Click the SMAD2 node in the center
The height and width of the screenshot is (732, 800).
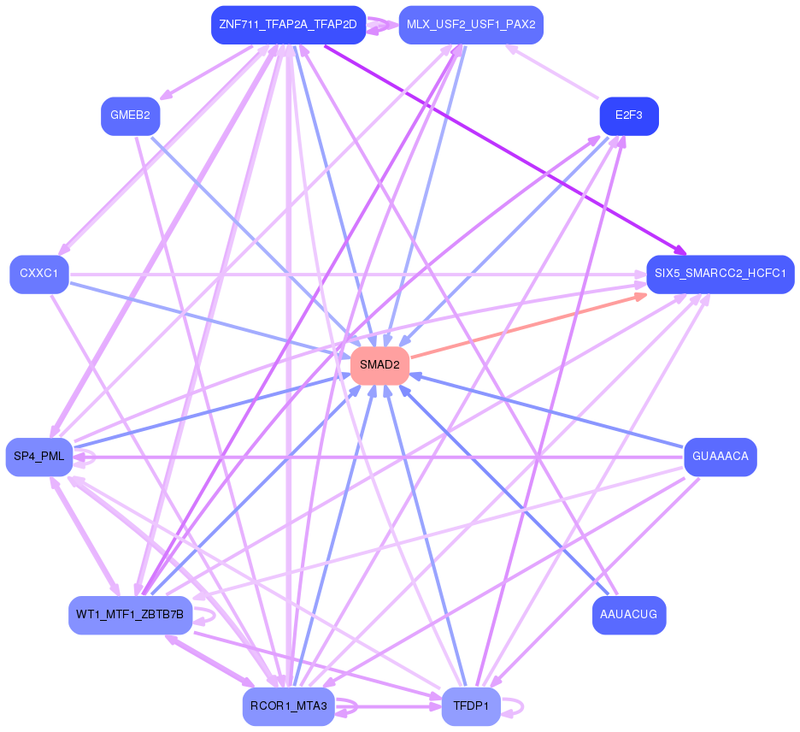[379, 365]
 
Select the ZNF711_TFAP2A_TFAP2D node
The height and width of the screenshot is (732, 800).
[287, 24]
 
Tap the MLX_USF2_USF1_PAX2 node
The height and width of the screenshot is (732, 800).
[471, 24]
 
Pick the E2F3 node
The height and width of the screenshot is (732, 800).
[628, 115]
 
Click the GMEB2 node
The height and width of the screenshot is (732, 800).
[130, 116]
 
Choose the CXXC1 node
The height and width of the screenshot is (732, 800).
[39, 274]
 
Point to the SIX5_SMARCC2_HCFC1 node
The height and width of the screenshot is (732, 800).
[720, 274]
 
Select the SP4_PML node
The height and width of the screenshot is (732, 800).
[39, 457]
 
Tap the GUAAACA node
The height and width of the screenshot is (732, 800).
[720, 457]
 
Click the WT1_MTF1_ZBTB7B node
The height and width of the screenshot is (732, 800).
[130, 615]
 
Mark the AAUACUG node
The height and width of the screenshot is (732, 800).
[628, 615]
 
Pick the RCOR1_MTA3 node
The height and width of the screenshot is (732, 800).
[288, 706]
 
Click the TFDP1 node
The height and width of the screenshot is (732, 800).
[471, 706]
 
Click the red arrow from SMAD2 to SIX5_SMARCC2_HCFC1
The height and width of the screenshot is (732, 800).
[530, 325]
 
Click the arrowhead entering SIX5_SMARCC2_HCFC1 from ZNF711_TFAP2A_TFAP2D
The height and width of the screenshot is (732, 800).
[680, 252]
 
